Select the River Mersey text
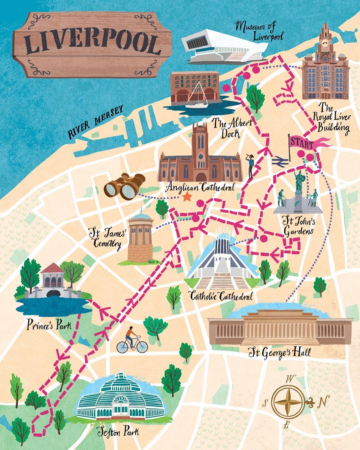tap(96, 122)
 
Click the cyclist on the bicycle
tap(131, 340)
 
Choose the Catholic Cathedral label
tap(220, 296)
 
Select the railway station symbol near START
tap(277, 161)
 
